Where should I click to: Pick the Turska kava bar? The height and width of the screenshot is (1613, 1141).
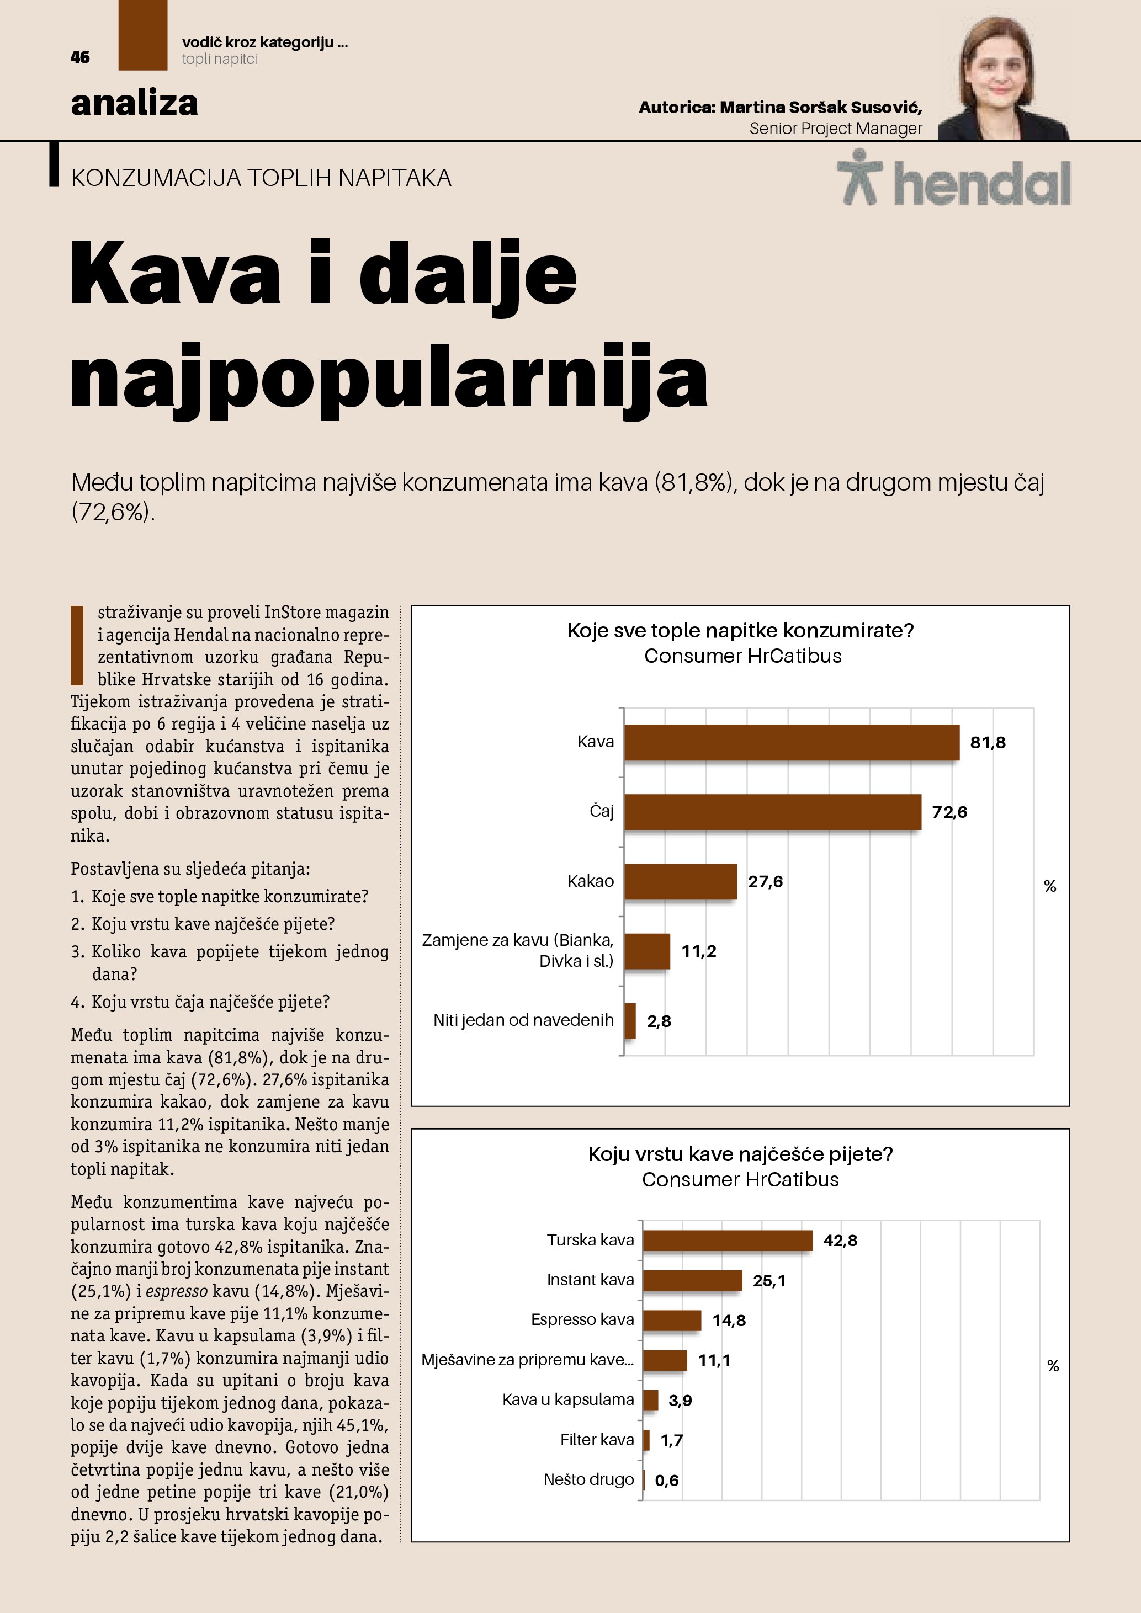[x=727, y=1240]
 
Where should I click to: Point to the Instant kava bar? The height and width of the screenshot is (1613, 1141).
[x=692, y=1280]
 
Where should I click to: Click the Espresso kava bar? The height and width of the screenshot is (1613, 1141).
[x=672, y=1320]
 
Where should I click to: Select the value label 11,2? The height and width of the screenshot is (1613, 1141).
[x=698, y=951]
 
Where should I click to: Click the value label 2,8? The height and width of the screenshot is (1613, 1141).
[x=659, y=1021]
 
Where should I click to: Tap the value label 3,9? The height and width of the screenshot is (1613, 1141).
[x=680, y=1400]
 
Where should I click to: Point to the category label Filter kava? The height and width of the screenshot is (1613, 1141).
[x=597, y=1440]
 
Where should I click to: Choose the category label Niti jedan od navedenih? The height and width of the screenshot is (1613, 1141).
[x=523, y=1020]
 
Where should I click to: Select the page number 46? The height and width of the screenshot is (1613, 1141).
[x=80, y=57]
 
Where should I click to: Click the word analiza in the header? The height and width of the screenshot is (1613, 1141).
[x=134, y=103]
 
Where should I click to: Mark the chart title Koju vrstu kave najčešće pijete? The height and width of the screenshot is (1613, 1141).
[x=740, y=1154]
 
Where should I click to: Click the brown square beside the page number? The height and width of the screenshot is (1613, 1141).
[x=142, y=35]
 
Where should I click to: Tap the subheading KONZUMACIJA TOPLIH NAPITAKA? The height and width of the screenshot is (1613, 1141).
[x=261, y=178]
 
